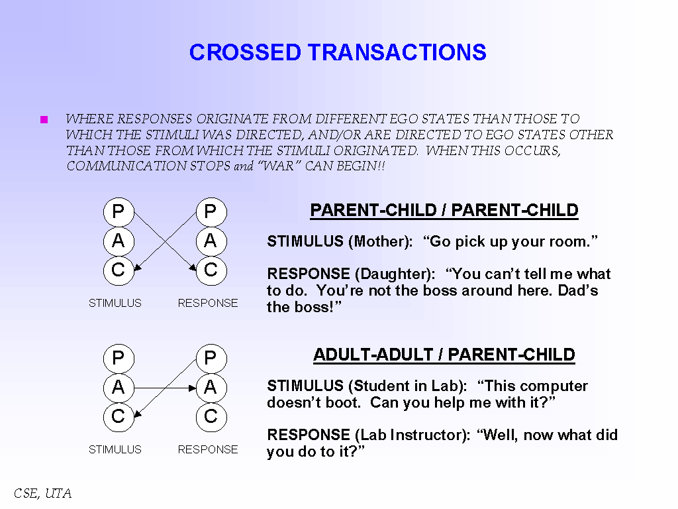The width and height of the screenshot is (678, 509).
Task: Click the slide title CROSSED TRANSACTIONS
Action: (338, 52)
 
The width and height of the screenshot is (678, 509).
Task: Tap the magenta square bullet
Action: (44, 120)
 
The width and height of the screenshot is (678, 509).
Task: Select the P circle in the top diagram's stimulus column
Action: (119, 212)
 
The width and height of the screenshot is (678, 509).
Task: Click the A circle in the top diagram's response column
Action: (211, 241)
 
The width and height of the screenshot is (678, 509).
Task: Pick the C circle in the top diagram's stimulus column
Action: (119, 270)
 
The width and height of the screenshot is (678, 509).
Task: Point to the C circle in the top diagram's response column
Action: (211, 270)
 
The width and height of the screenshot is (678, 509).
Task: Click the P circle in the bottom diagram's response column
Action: (211, 359)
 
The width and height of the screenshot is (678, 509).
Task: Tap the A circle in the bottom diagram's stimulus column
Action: (119, 388)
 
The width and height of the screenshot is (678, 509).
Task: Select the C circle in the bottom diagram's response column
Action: (211, 417)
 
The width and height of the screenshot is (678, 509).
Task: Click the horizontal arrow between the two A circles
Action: (164, 388)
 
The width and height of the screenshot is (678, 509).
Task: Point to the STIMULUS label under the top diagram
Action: (115, 303)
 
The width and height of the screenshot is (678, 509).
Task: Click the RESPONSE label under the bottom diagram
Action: (208, 449)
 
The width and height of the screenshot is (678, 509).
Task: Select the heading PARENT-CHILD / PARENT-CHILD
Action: (444, 211)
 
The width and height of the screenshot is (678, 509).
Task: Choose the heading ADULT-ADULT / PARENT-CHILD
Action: (444, 355)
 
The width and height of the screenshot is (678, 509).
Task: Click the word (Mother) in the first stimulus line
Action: (380, 242)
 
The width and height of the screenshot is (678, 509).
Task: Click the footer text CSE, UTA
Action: (42, 494)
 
